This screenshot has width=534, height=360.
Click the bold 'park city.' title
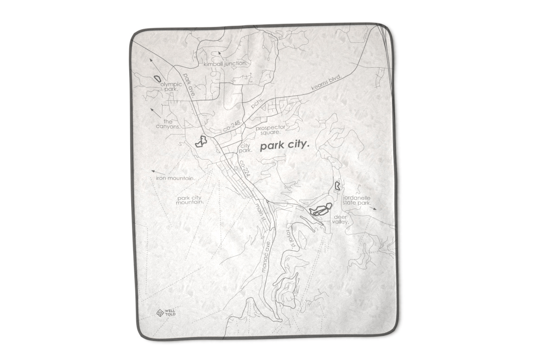click(x=285, y=146)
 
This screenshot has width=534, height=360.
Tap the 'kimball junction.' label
click(x=225, y=64)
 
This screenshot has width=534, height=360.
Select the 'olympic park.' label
click(x=171, y=86)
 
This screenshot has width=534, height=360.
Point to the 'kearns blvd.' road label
click(x=327, y=82)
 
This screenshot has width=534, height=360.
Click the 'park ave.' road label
click(x=189, y=85)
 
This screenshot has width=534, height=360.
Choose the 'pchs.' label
click(x=258, y=103)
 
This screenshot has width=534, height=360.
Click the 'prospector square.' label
click(x=271, y=129)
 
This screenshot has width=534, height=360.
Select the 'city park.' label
click(x=246, y=148)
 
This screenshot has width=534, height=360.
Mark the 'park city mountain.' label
click(x=190, y=200)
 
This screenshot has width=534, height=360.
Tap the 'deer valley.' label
click(x=341, y=219)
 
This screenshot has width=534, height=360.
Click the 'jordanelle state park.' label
click(x=357, y=201)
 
